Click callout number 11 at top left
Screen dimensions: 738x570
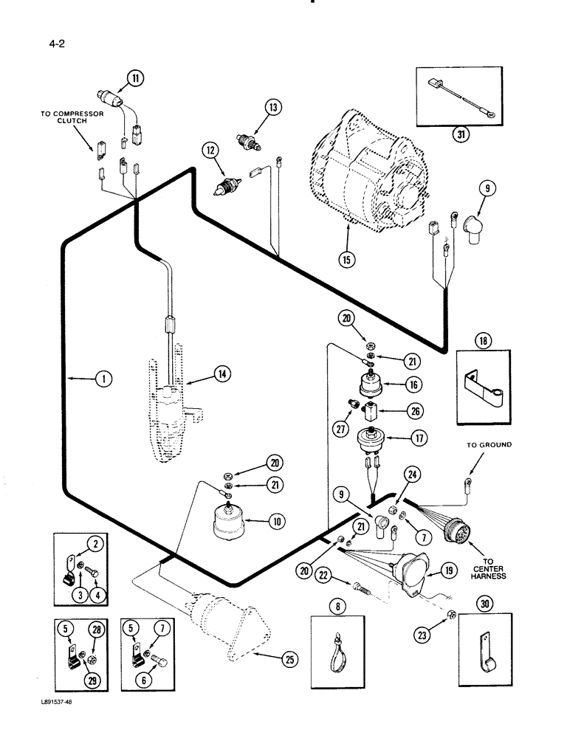pyautogui.click(x=136, y=76)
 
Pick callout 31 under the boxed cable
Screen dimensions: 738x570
pyautogui.click(x=461, y=135)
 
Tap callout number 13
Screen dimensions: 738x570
pyautogui.click(x=274, y=108)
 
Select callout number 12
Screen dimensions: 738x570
pyautogui.click(x=212, y=151)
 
